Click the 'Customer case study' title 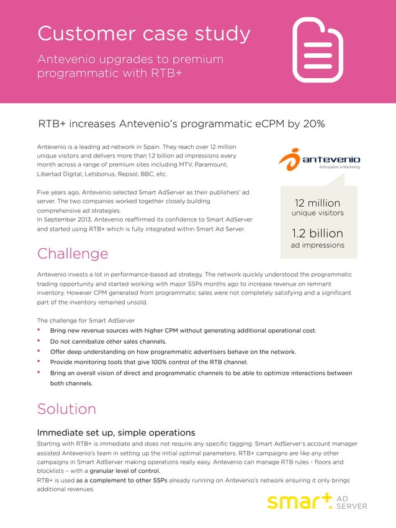[x=144, y=34]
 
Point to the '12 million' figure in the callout [x=317, y=203]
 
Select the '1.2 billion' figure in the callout [x=317, y=233]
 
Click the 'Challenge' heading [x=73, y=253]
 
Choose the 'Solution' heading [x=66, y=409]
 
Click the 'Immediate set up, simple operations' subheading [x=116, y=432]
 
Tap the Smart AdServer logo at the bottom [x=317, y=501]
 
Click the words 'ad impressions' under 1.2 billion [x=317, y=245]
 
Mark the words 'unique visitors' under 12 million [x=317, y=213]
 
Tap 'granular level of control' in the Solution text [x=128, y=470]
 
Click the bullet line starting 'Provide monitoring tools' [x=149, y=362]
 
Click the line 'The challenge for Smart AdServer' [x=86, y=320]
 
